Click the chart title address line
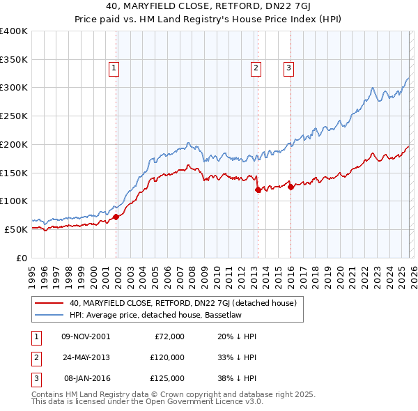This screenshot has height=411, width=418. [208, 8]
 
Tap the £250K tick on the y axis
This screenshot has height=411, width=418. [14, 116]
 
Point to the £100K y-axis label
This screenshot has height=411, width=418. [14, 201]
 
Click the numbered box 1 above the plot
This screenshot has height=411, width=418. [114, 68]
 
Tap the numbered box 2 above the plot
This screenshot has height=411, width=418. [256, 68]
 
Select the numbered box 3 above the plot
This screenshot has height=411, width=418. [288, 68]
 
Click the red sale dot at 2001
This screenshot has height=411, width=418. [116, 217]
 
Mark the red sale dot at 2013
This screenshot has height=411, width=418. [258, 189]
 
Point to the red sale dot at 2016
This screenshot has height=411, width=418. [291, 187]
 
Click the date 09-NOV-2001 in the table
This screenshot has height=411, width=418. [86, 336]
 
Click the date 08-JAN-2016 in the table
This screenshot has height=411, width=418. [86, 378]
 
